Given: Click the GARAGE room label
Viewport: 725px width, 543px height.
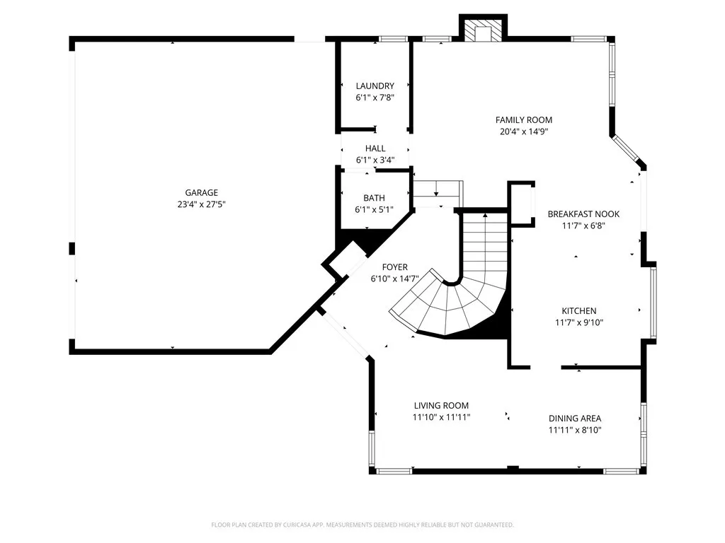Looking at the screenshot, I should [x=201, y=192].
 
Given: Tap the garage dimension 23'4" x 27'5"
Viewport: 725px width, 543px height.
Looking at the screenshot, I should [x=201, y=204].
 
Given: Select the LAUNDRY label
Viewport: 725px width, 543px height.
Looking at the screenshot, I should [x=375, y=86].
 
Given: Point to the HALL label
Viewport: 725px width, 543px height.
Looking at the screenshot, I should [x=375, y=148].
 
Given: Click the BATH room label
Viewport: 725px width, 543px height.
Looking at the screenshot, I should [x=375, y=198].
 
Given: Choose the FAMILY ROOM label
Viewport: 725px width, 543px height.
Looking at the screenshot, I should [x=523, y=120].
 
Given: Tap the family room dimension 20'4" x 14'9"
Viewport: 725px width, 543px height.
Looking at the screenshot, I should [x=523, y=132].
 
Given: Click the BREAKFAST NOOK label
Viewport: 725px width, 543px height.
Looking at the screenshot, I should [x=583, y=214].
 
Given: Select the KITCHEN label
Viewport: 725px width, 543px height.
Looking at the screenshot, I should [x=579, y=311].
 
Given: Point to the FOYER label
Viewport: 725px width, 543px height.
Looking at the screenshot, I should [x=394, y=267].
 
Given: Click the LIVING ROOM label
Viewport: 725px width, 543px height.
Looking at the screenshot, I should [x=441, y=406].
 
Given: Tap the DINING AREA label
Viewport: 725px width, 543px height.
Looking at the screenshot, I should [x=575, y=418].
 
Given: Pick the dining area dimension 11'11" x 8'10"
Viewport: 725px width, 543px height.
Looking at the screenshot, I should [x=575, y=430].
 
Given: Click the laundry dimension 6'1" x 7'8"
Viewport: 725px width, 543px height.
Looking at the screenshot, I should [x=375, y=98].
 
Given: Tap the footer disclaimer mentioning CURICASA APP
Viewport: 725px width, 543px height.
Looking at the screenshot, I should [x=362, y=525].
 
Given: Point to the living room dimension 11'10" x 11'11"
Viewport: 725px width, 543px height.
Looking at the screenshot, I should [x=441, y=417].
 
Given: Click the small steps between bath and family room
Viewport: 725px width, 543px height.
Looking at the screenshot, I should [x=438, y=189].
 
